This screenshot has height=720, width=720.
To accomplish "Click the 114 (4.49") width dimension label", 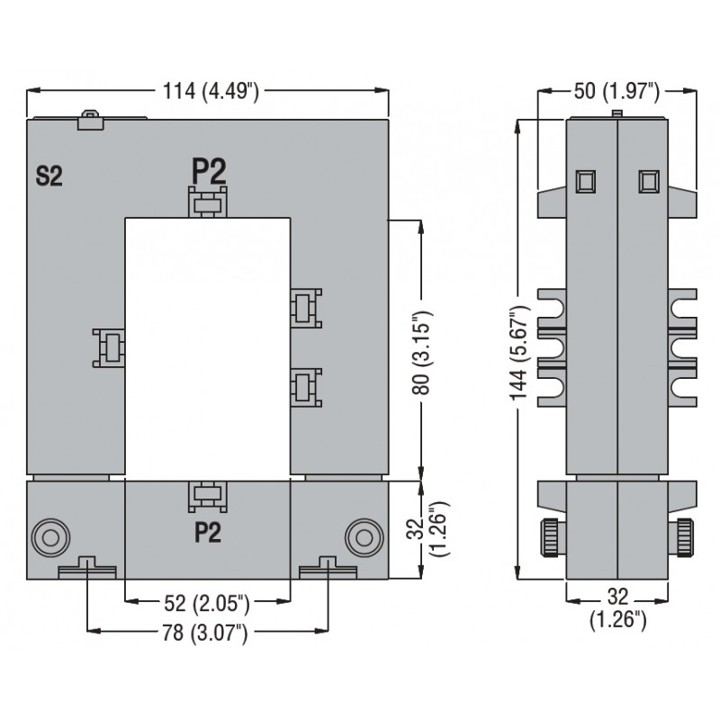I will click(211, 90).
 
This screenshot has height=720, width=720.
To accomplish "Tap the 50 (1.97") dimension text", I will click(616, 90).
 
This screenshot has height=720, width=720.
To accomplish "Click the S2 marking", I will click(49, 176).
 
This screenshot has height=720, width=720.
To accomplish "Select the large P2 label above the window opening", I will click(208, 171).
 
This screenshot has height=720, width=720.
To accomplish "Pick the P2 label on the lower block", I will click(208, 534).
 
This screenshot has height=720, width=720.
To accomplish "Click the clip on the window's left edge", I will click(109, 347).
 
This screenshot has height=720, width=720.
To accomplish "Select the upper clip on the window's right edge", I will click(305, 306).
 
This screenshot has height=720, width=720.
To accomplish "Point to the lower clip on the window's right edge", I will click(305, 387).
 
